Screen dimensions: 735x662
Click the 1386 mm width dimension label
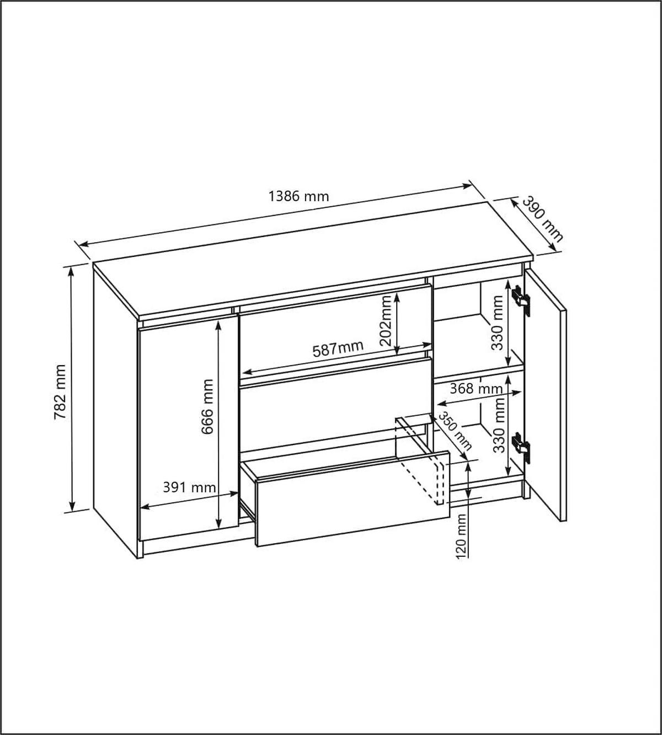(x=298, y=196)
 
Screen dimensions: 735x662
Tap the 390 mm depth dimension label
(x=542, y=219)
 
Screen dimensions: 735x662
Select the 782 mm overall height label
(x=60, y=392)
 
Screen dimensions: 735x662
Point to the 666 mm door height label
(x=207, y=406)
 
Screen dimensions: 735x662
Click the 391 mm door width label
(x=189, y=487)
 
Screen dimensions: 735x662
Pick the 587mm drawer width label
(x=338, y=349)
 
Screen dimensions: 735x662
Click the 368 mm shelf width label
(x=476, y=388)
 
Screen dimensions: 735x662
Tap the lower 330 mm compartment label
(x=499, y=425)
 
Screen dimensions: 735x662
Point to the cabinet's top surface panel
(x=309, y=259)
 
